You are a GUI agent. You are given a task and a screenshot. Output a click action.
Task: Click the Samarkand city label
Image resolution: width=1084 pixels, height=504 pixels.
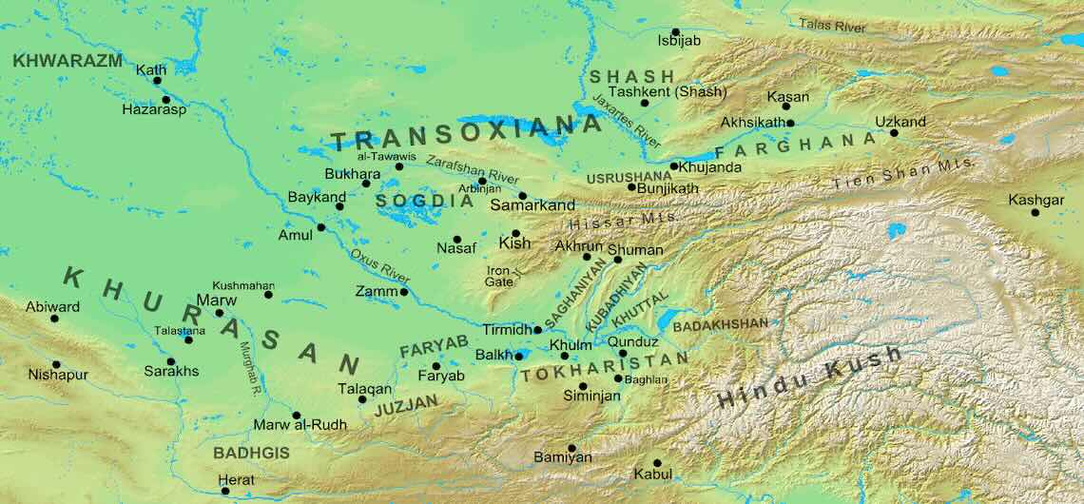[532, 205]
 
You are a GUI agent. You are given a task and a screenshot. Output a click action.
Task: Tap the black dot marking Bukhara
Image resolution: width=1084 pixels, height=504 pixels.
[366, 183]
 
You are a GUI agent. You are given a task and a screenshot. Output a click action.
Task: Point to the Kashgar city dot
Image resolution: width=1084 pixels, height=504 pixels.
[1035, 212]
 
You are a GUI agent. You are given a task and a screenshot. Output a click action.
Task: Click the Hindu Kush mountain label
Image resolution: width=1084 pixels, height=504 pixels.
[809, 378]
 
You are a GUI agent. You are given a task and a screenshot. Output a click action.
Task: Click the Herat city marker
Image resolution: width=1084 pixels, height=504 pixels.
[225, 491]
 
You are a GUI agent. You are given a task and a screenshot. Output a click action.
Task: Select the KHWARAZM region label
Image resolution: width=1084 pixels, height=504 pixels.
[68, 60]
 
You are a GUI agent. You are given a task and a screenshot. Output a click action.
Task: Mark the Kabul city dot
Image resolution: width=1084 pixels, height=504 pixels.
[656, 463]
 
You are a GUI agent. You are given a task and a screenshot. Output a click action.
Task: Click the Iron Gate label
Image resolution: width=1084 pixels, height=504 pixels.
[499, 276]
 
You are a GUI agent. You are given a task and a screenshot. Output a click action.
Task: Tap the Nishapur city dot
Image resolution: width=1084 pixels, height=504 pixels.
[56, 364]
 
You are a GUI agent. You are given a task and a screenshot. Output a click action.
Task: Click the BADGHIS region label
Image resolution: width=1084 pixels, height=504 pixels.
[251, 453]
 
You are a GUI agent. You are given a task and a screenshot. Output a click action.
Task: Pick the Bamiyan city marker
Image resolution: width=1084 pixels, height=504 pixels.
[571, 448]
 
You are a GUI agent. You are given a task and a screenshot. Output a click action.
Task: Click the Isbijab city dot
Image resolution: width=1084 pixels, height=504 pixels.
[675, 32]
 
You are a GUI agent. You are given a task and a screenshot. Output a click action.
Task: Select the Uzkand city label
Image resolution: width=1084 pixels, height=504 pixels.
[900, 123]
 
